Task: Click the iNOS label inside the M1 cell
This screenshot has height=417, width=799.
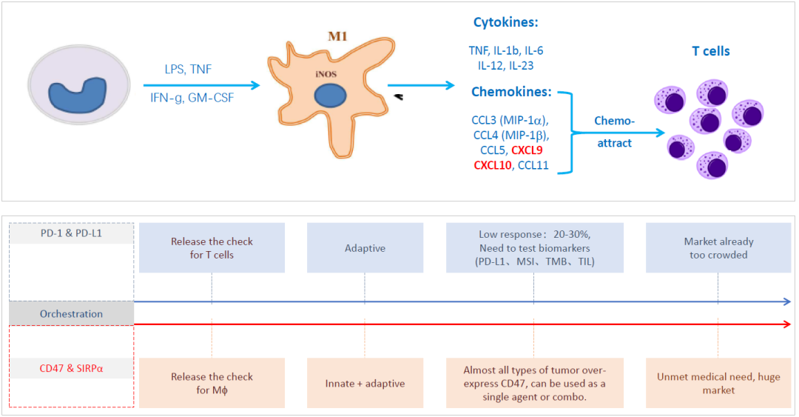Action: pos(323,73)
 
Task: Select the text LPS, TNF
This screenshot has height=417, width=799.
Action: pos(189,70)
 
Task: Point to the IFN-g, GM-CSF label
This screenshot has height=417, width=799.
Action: pos(191,97)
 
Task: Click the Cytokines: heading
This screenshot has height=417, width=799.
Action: pos(504,23)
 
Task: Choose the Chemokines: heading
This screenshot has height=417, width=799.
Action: pos(511,92)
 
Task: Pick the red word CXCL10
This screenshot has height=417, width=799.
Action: pos(492,165)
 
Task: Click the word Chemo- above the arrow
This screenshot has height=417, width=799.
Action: pos(614,121)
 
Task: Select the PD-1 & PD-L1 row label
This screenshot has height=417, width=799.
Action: pos(72,233)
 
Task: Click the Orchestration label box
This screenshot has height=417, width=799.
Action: pos(72,313)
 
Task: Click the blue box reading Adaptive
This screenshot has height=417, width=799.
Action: pos(365,248)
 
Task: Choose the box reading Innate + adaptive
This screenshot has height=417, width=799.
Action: pos(365,383)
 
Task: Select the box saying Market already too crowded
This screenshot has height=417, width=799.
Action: pos(718,248)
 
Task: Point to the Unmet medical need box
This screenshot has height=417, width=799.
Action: pos(718,383)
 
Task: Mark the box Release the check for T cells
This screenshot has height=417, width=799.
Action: pos(212,248)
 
